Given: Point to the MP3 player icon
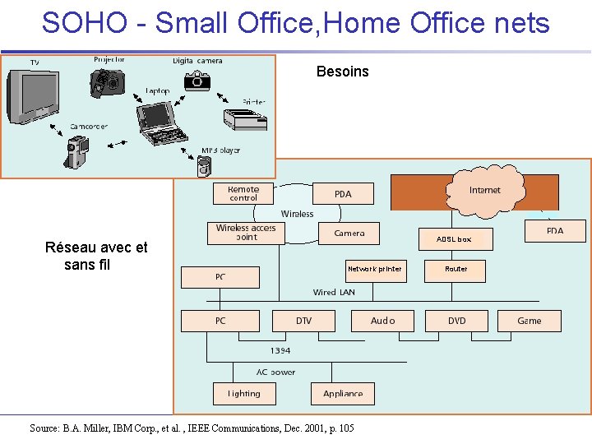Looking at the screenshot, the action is (x=206, y=166).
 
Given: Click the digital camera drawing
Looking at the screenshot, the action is (x=196, y=79).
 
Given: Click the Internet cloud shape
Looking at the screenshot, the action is (x=485, y=190).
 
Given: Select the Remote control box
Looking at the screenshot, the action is (x=243, y=193).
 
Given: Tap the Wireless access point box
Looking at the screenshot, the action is (x=246, y=233).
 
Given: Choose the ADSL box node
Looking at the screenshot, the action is (x=454, y=239).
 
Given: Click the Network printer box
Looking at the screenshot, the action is (x=374, y=270).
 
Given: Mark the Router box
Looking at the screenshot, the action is (x=456, y=270).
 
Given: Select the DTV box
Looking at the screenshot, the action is (x=304, y=321).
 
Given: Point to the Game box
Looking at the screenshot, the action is (x=530, y=321).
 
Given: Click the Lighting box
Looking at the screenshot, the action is (x=244, y=394).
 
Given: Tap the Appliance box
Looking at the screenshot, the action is (x=343, y=394).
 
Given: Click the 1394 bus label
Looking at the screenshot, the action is (x=280, y=351).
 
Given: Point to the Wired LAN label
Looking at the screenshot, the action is (x=335, y=292).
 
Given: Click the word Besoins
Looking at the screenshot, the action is (x=343, y=72).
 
